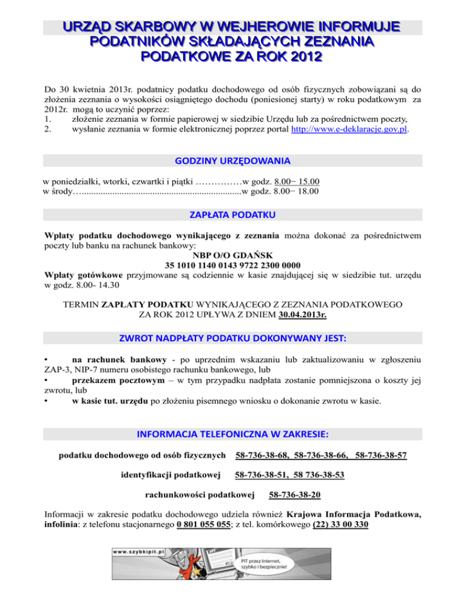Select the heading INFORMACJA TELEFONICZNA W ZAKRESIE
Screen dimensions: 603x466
coord(233,434)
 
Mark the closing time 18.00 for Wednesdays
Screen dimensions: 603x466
coord(308,192)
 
